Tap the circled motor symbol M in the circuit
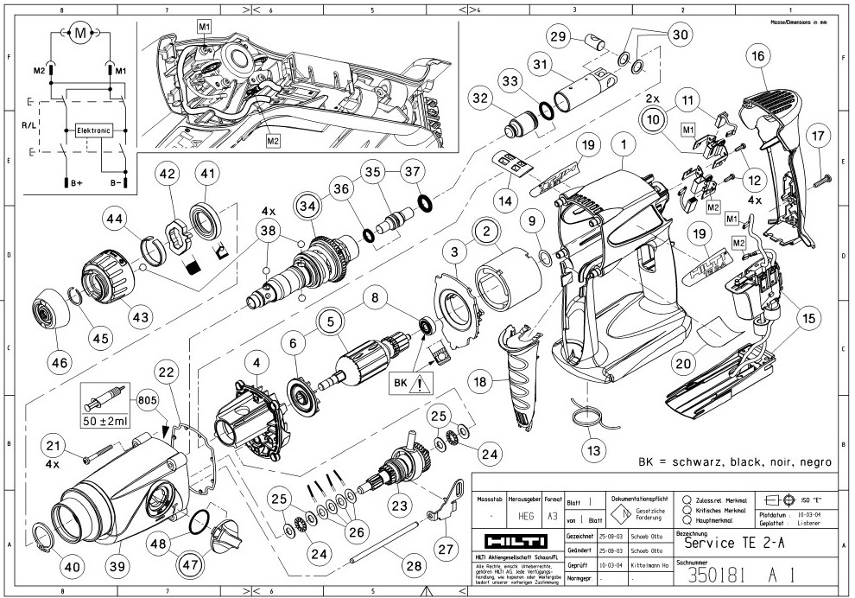click(80, 34)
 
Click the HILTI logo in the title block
click(516, 541)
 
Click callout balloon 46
click(59, 362)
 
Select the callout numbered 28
click(415, 565)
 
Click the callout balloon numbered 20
click(684, 364)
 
